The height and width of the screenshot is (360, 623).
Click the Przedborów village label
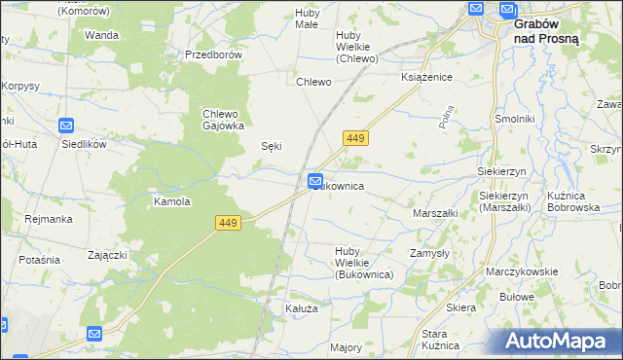(213, 54)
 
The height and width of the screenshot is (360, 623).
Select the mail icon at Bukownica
(316, 181)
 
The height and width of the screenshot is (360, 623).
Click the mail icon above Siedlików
(66, 126)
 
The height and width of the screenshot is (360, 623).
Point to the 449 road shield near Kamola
(228, 224)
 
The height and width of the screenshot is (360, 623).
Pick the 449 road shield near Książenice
(355, 139)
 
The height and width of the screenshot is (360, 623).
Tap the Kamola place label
(171, 202)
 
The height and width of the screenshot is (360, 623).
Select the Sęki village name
(273, 146)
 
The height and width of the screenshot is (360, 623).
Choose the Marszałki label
(435, 212)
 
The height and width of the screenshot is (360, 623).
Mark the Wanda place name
(101, 35)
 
